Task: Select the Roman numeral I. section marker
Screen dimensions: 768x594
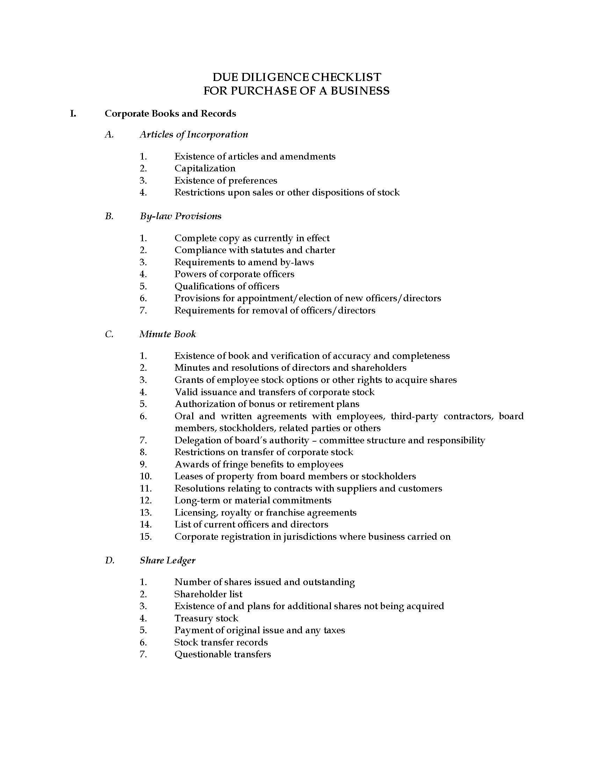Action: [73, 113]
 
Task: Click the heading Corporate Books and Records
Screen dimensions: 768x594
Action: [170, 113]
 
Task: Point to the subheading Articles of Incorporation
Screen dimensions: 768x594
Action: [194, 134]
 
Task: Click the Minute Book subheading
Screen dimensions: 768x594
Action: [167, 334]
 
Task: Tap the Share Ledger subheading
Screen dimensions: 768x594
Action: [167, 560]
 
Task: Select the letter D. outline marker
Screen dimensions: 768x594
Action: [109, 560]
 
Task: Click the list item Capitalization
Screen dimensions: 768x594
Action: [205, 169]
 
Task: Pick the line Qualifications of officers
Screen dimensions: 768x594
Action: [227, 286]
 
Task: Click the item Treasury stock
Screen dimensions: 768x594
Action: [206, 618]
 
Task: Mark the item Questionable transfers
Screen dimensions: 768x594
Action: [222, 655]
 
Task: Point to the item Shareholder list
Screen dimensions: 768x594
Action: [208, 594]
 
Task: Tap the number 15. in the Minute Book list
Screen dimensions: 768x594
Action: [145, 537]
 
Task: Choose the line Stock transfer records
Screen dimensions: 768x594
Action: [221, 642]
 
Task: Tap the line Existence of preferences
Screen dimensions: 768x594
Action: [226, 181]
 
